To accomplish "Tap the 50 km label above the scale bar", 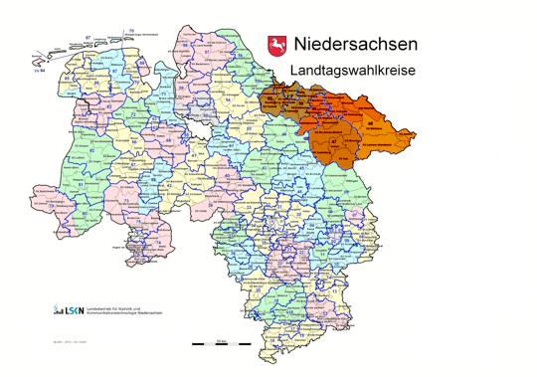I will tap(221, 338).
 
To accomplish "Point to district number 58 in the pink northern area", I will tap(185, 45).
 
